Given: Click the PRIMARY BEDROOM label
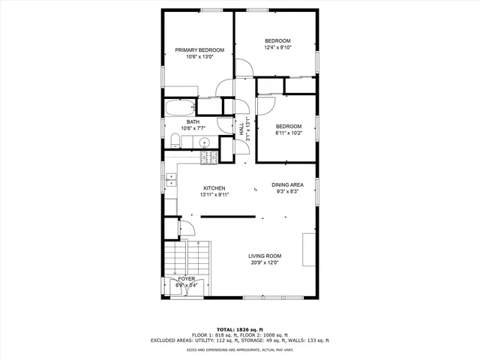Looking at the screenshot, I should pos(199,50).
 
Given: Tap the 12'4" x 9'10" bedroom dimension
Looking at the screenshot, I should pos(277,47).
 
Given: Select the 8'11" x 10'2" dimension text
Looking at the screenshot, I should pos(288,133).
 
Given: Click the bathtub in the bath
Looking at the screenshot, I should pos(180,107).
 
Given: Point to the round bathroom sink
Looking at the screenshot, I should pos(202,140).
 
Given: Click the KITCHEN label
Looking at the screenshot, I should pos(214,188).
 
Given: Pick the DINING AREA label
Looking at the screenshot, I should pos(287,184).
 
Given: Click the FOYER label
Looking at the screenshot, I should pos(186,279).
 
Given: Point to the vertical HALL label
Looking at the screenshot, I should pos(242,129).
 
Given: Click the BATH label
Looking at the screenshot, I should pos(193,122).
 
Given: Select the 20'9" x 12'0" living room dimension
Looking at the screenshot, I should pos(264,263).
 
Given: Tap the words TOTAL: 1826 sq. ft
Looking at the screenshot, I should pos(240,329).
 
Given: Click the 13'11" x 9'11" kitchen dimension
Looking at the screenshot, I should pos(214,195).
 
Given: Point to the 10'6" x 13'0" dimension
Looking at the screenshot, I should pos(199,56).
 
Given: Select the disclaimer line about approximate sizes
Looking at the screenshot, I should pos(240,349).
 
